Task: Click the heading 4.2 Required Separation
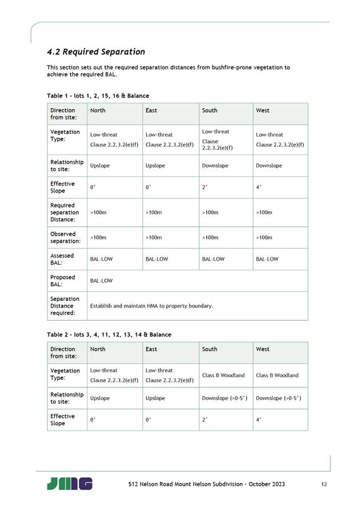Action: [96, 52]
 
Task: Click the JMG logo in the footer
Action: [69, 484]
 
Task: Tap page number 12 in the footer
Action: [323, 484]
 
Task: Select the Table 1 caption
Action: [98, 96]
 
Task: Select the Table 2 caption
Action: [109, 335]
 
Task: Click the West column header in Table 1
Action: [263, 111]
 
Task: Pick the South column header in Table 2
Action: [210, 349]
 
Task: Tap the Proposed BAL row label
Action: [63, 281]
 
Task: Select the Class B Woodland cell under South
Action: [223, 375]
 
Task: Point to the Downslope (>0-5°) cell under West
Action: [278, 398]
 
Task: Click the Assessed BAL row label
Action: [63, 259]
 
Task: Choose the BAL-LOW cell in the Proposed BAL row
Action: [101, 281]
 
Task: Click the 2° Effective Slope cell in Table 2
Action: [204, 420]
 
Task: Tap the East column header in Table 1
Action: [152, 111]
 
